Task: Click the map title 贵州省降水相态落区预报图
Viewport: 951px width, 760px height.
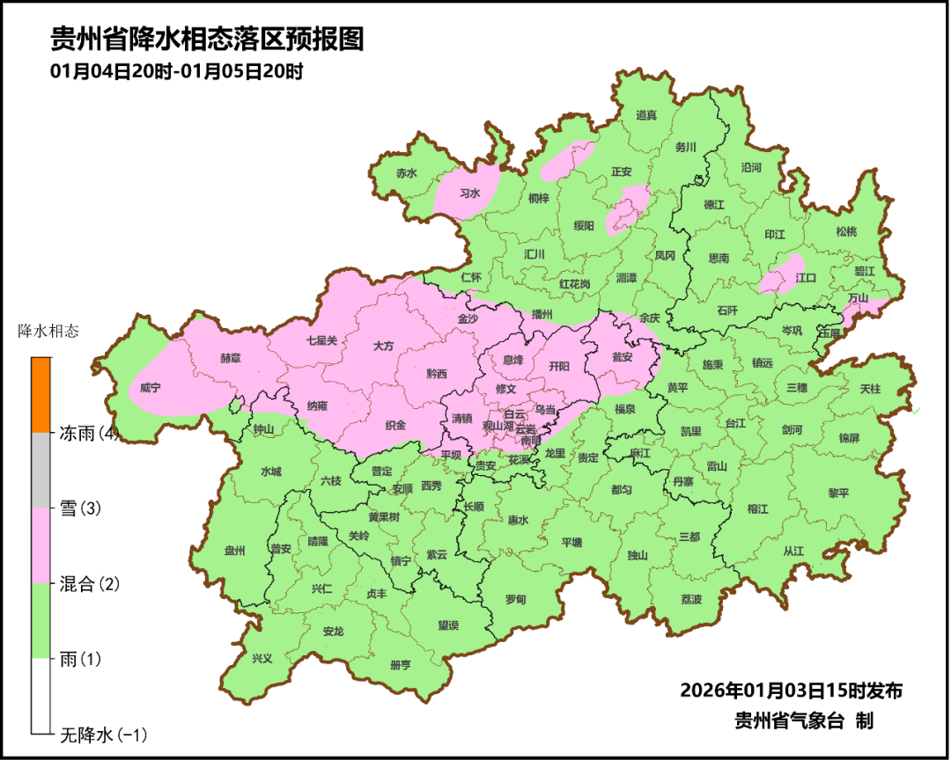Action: pos(207,40)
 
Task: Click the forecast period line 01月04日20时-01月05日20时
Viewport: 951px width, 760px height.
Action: pos(177,72)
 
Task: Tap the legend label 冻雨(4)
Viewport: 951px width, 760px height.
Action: pos(88,433)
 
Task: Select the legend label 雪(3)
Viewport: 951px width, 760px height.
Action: pos(78,508)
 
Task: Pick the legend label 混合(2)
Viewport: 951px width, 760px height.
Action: pos(88,583)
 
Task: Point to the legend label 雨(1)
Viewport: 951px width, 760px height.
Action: pos(79,658)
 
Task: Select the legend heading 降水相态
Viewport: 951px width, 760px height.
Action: pos(48,332)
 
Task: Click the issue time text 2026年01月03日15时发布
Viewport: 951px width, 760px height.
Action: pos(791,691)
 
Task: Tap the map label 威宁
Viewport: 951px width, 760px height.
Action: pos(150,388)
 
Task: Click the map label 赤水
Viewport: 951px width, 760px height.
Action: pos(406,174)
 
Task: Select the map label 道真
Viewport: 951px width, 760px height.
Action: pos(646,115)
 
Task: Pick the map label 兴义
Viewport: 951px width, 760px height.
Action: pos(262,658)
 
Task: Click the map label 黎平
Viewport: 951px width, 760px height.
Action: pos(838,493)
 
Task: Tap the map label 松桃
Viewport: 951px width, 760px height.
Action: pos(845,232)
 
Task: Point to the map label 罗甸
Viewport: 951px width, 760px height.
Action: pos(515,599)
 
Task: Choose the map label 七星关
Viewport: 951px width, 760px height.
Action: pos(321,340)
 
